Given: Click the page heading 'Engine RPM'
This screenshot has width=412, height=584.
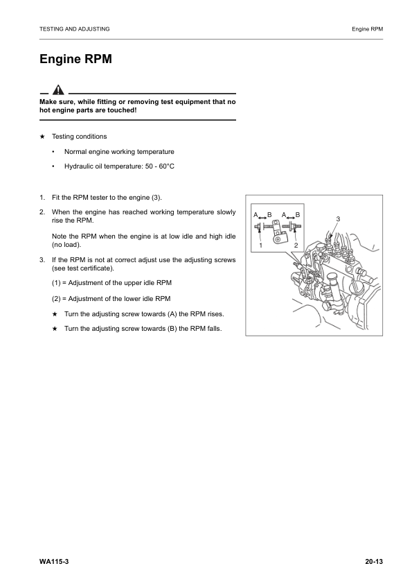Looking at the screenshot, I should pyautogui.click(x=75, y=60).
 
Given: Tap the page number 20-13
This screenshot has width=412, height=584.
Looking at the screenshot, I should pyautogui.click(x=373, y=560).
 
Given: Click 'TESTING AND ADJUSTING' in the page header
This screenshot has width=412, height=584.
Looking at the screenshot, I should pyautogui.click(x=75, y=29).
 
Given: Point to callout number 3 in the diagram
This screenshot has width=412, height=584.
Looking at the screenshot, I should pyautogui.click(x=338, y=219).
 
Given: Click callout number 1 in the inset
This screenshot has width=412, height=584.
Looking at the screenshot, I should pyautogui.click(x=260, y=246).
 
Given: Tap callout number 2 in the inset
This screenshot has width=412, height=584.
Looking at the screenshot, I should pyautogui.click(x=296, y=246).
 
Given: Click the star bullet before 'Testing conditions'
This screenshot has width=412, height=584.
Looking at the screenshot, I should pyautogui.click(x=43, y=137).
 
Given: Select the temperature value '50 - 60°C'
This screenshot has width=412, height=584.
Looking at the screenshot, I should pyautogui.click(x=159, y=166).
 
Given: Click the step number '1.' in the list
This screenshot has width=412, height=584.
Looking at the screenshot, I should pyautogui.click(x=43, y=198).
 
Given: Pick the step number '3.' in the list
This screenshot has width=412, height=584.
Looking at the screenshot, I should pyautogui.click(x=43, y=259).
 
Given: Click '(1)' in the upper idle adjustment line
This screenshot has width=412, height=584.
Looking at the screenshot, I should pyautogui.click(x=57, y=283).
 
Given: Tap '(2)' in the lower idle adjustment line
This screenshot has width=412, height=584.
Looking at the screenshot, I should pyautogui.click(x=57, y=299).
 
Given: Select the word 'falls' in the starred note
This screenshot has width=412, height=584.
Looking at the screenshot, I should pyautogui.click(x=213, y=328).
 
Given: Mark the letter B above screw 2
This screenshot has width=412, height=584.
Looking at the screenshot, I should pyautogui.click(x=298, y=214).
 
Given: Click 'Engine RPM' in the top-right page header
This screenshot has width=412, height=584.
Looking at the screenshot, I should pyautogui.click(x=367, y=29).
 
